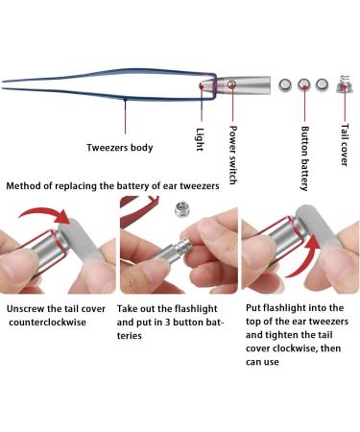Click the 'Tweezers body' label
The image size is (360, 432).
[120, 148]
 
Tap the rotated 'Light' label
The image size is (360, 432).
[200, 139]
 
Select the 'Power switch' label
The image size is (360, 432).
[233, 156]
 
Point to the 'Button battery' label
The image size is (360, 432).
[305, 158]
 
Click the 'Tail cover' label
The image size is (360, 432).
[344, 145]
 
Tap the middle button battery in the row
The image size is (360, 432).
[303, 84]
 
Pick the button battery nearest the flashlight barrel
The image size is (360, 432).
[285, 85]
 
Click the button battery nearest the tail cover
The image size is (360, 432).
[322, 84]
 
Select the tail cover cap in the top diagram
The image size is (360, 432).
[345, 84]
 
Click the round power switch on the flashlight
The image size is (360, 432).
[231, 84]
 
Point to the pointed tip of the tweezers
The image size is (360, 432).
[3, 84]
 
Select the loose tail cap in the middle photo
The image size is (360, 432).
[181, 209]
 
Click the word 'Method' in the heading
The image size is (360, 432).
[23, 185]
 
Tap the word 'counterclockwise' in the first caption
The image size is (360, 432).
[47, 322]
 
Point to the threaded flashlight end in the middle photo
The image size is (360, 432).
[185, 247]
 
